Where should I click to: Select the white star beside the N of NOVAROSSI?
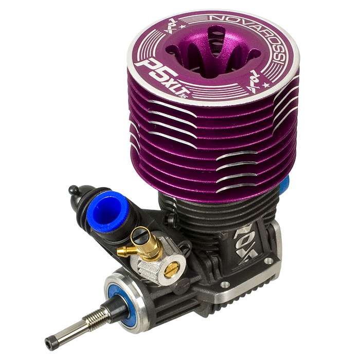coord(183,26)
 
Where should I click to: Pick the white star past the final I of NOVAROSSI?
coord(266,85)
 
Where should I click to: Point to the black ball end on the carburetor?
coord(74,190)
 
